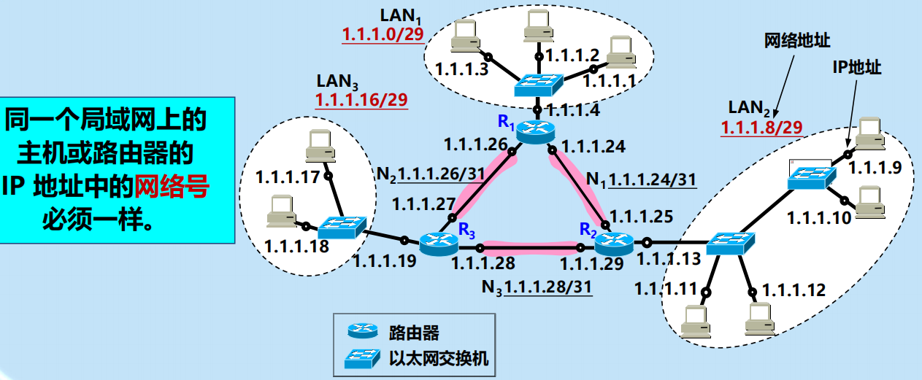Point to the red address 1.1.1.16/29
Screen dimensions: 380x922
[x=361, y=99]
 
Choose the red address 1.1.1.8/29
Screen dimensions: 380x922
[x=761, y=128]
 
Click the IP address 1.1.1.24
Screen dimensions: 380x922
[x=592, y=147]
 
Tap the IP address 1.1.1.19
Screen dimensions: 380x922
[x=384, y=261]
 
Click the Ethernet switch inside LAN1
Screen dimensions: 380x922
[x=538, y=85]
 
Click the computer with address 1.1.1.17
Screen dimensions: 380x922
[x=319, y=146]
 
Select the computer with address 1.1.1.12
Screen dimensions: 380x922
[x=760, y=319]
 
